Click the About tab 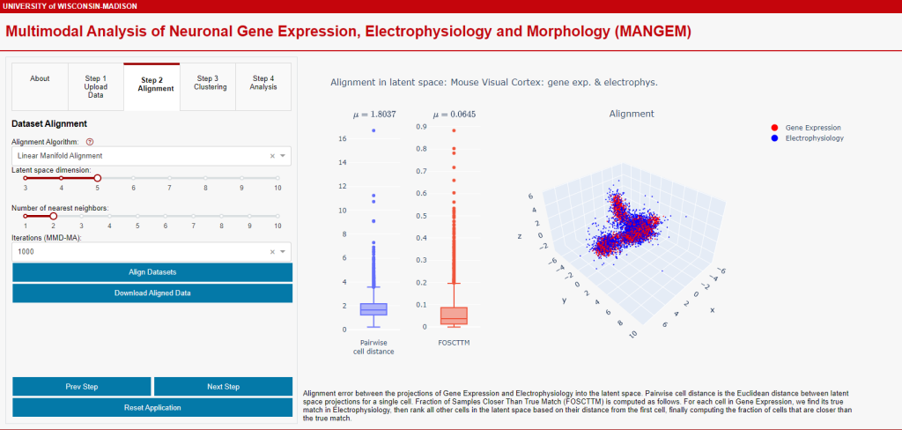coord(40,78)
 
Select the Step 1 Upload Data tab coord(96,86)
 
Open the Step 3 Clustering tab coord(210,82)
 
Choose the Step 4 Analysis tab coord(262,82)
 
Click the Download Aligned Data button coord(152,293)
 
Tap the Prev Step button coord(82,387)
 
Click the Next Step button coord(223,387)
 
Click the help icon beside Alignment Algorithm coord(90,141)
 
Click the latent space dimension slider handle coord(97,178)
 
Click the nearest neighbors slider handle coord(54,216)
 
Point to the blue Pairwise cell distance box coord(373,309)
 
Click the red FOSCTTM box coord(454,315)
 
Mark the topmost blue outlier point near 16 coord(373,130)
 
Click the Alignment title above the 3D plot coord(632,114)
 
